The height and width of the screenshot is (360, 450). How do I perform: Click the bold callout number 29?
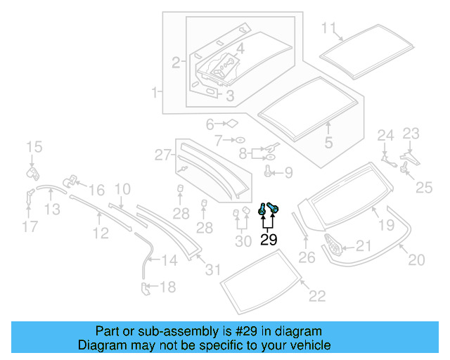pyautogui.click(x=269, y=240)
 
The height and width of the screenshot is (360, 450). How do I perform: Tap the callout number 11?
pyautogui.click(x=329, y=29)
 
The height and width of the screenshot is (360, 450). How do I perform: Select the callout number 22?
pyautogui.click(x=317, y=296)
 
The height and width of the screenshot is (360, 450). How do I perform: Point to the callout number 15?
pyautogui.click(x=34, y=147)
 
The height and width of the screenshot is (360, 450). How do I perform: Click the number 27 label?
pyautogui.click(x=163, y=155)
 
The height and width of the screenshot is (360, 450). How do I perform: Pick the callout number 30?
pyautogui.click(x=243, y=240)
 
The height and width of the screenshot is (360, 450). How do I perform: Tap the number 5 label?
pyautogui.click(x=328, y=143)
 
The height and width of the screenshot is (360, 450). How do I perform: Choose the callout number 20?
pyautogui.click(x=416, y=260)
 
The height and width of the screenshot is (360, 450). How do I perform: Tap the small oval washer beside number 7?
pyautogui.click(x=239, y=139)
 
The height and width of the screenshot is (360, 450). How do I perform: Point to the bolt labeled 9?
pyautogui.click(x=269, y=170)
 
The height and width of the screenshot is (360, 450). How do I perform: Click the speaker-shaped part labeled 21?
pyautogui.click(x=334, y=246)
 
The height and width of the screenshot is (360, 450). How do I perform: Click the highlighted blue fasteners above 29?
pyautogui.click(x=268, y=208)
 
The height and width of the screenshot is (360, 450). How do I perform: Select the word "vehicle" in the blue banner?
pyautogui.click(x=309, y=345)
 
